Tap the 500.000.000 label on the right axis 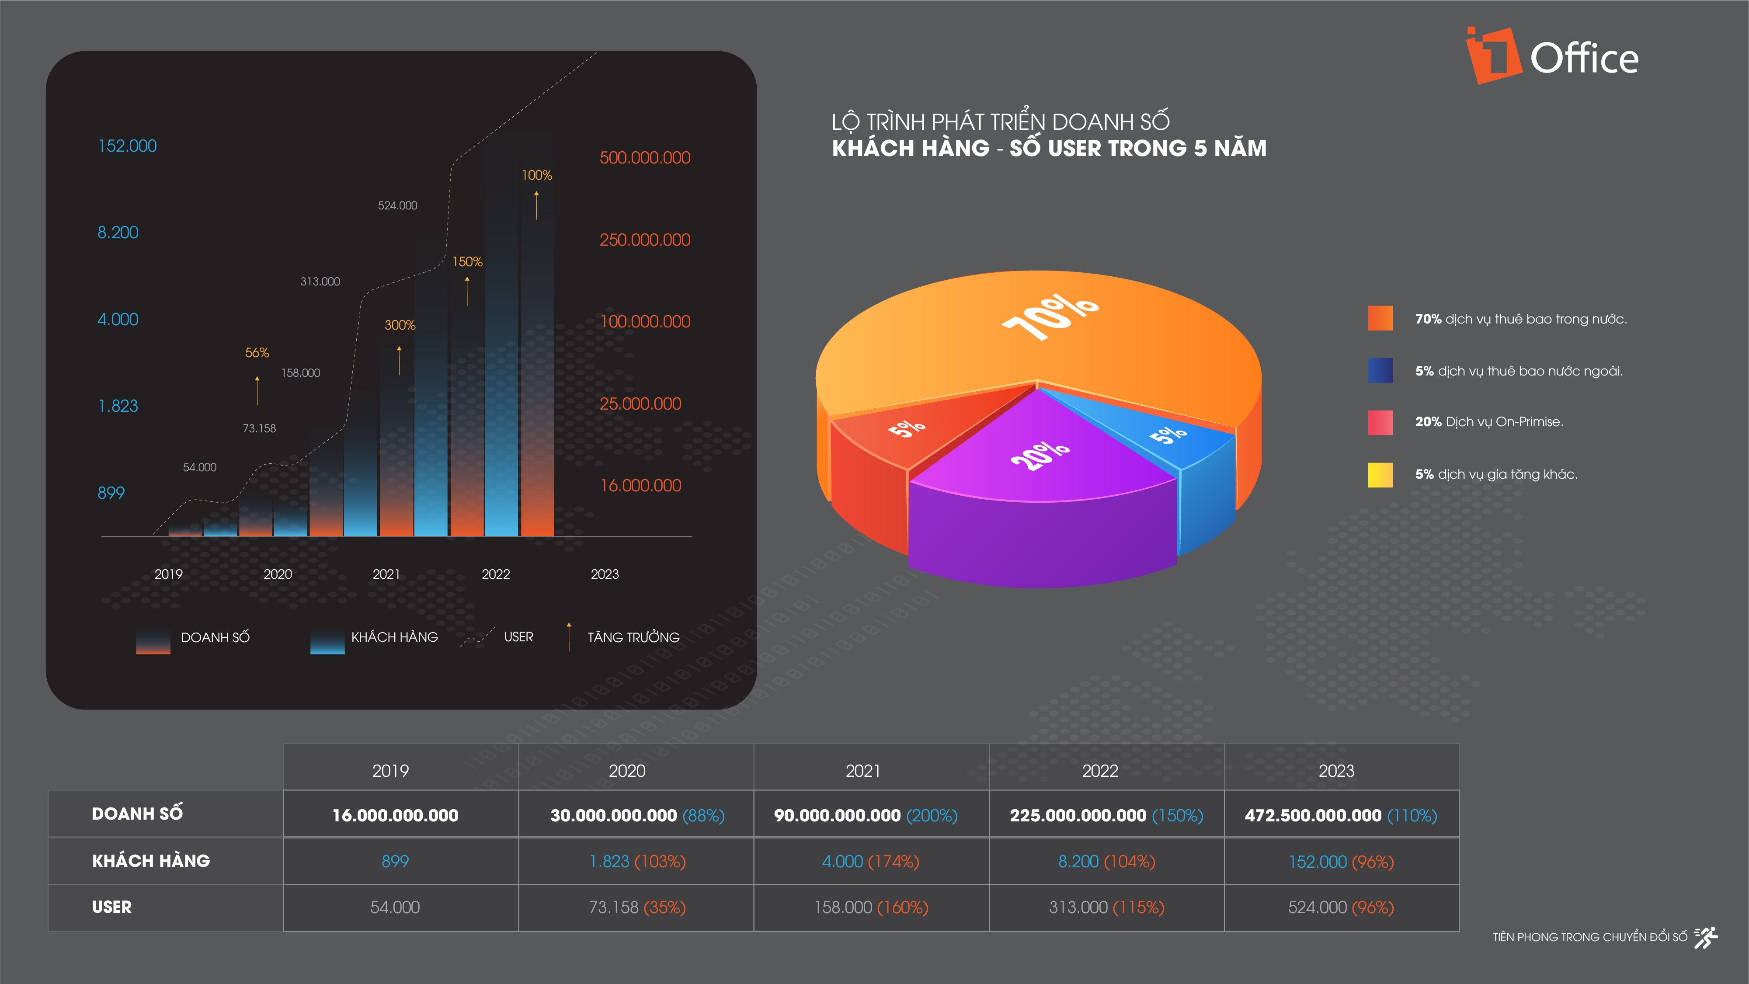point(644,157)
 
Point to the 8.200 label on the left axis point(118,232)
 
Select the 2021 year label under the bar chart point(386,574)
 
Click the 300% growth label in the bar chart point(400,325)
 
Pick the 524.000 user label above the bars point(397,205)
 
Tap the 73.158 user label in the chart point(259,428)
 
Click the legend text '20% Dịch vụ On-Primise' point(1488,422)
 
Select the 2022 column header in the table point(1100,771)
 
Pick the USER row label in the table point(112,907)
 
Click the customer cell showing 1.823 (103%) point(637,861)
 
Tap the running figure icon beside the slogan point(1706,937)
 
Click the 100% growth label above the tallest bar point(536,175)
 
